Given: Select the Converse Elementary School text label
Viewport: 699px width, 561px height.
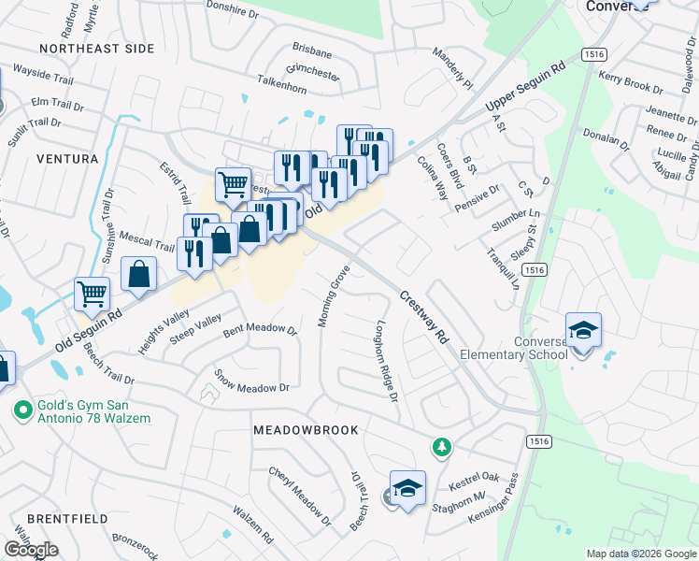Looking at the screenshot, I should click(x=540, y=348).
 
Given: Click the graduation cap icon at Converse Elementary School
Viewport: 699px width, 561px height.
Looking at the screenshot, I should click(x=583, y=331).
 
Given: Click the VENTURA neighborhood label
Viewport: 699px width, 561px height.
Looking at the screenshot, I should click(x=67, y=159).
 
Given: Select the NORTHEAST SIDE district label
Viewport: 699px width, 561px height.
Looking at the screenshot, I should click(x=97, y=49).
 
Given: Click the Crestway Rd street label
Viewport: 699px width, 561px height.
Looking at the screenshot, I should click(x=425, y=322).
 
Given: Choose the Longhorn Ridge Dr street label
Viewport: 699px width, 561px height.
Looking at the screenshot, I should click(x=387, y=363).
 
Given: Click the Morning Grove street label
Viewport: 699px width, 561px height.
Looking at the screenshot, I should click(x=333, y=296).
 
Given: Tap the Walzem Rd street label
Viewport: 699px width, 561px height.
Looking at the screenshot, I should click(x=252, y=526).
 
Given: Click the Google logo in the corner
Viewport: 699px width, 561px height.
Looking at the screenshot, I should click(x=31, y=550).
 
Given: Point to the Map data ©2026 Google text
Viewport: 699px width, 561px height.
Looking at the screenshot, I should click(x=640, y=554).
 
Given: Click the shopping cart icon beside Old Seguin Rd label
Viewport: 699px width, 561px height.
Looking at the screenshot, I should click(x=93, y=294).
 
